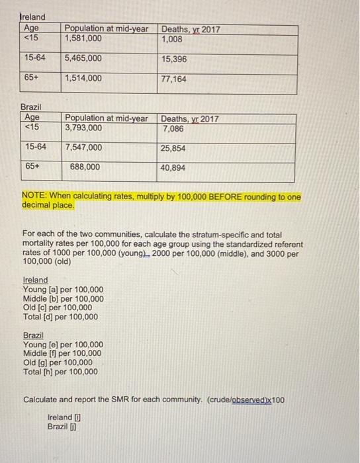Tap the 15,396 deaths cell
(175, 59)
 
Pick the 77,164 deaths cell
(175, 79)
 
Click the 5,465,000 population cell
(83, 58)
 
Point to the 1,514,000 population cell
(83, 78)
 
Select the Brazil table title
(31, 106)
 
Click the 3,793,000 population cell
(83, 128)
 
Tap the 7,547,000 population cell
(83, 147)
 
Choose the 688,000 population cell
(85, 167)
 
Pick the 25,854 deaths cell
(173, 148)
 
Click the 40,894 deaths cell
(173, 168)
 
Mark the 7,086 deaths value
(172, 128)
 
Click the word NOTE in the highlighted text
(33, 196)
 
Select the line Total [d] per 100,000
(60, 317)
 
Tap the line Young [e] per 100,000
(63, 345)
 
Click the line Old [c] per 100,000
(58, 308)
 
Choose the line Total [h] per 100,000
(60, 372)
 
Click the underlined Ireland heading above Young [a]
(35, 280)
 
